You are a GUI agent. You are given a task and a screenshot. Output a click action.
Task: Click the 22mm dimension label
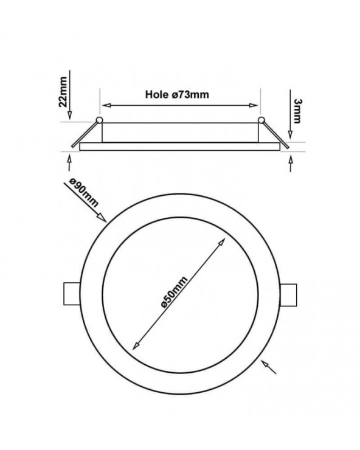coord(63,92)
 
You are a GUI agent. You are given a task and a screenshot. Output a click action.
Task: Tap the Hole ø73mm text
coord(177,94)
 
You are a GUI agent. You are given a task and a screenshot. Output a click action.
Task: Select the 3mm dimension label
coord(298,111)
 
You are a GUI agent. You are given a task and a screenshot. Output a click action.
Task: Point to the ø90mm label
coord(84,192)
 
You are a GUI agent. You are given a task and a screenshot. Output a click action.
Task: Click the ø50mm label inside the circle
coord(175,291)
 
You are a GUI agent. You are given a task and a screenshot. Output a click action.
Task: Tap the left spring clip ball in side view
coord(99,120)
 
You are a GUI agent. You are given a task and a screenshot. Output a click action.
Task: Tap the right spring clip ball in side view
coord(261,120)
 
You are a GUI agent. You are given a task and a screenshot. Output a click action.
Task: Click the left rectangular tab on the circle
coord(72,294)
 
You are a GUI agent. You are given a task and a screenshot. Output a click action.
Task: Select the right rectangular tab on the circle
coord(288,295)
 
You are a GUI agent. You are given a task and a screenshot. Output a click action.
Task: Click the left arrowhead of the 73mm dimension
coord(106,105)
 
